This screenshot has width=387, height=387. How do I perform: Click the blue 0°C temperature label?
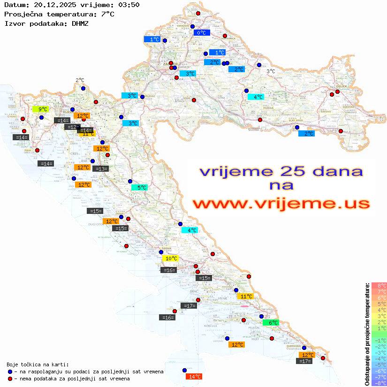(x=201, y=33)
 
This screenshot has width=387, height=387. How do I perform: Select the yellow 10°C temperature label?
(x=170, y=258)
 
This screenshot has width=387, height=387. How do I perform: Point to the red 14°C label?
(x=194, y=376)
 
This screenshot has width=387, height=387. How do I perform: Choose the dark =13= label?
(x=101, y=169)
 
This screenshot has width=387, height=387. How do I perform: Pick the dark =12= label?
(x=72, y=127)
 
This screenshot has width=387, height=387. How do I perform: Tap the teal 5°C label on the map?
(x=139, y=188)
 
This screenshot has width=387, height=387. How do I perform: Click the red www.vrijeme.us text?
(x=281, y=204)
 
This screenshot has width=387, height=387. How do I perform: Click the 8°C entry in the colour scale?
(x=379, y=286)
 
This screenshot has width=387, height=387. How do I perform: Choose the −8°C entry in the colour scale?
(x=379, y=383)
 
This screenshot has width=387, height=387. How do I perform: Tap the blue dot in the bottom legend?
(x=10, y=372)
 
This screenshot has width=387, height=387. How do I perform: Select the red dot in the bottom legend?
(x=10, y=379)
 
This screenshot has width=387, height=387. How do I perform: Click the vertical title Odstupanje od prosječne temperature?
(x=367, y=334)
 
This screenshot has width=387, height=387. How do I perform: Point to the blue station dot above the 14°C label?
(x=184, y=370)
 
